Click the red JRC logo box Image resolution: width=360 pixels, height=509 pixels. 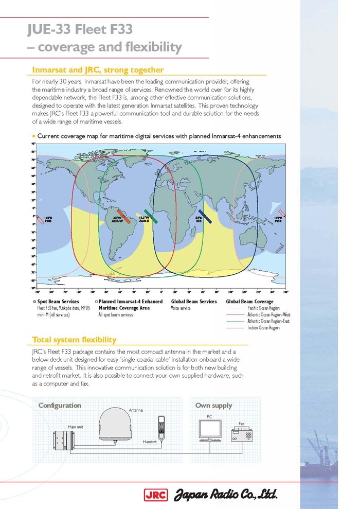point(153,495)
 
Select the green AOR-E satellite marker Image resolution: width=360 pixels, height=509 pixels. point(148,215)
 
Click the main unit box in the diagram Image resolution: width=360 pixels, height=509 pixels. point(64,441)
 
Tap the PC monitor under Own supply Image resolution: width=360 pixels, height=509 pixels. point(210,429)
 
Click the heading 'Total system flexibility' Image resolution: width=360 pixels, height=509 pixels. point(74,340)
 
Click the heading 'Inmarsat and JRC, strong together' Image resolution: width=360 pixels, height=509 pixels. point(98,69)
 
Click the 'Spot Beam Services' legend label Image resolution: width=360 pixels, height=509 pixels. point(58,301)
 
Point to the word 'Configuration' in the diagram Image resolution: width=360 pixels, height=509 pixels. point(60,405)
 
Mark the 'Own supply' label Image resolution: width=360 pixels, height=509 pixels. point(213,405)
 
